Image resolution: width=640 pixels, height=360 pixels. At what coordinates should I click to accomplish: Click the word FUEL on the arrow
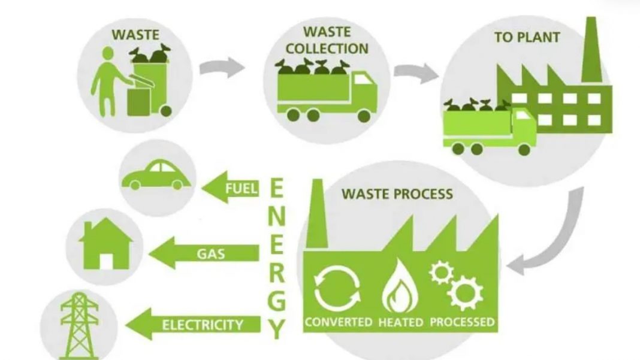(241, 189)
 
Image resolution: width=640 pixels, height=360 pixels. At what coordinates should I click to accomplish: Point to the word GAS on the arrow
(210, 253)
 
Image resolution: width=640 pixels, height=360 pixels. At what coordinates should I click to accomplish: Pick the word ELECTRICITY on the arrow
(203, 325)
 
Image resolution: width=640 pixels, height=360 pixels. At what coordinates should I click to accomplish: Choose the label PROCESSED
(461, 322)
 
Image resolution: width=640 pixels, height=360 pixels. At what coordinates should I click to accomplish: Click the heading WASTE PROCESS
(397, 194)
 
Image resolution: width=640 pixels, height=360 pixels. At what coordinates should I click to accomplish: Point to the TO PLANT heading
(527, 37)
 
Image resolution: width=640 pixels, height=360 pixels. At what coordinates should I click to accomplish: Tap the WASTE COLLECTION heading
(326, 39)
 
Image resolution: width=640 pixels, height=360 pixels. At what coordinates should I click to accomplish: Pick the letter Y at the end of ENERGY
(276, 328)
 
